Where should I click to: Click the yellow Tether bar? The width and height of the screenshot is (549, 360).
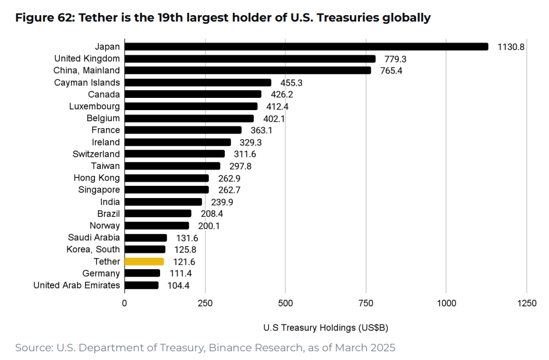(144, 262)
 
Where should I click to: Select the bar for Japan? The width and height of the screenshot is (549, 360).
(306, 47)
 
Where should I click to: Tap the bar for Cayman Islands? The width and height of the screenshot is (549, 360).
(198, 83)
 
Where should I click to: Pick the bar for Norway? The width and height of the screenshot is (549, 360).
(157, 225)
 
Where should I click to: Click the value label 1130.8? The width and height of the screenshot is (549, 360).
(511, 47)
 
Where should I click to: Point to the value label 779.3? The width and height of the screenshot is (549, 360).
(395, 59)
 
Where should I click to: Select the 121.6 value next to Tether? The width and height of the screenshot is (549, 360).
(185, 262)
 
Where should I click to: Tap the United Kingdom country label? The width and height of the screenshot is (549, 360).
(87, 58)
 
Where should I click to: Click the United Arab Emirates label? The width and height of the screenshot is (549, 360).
(76, 285)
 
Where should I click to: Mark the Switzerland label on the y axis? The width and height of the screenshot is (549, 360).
(96, 154)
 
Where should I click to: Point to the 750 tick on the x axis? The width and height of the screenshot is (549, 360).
(366, 303)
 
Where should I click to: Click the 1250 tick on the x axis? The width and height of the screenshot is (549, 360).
(526, 303)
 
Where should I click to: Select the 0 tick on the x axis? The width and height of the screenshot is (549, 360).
(124, 303)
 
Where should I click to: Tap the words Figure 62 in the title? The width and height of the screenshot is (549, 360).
(41, 17)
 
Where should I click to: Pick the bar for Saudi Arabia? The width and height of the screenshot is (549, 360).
(146, 238)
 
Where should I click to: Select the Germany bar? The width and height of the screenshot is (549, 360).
(142, 273)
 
